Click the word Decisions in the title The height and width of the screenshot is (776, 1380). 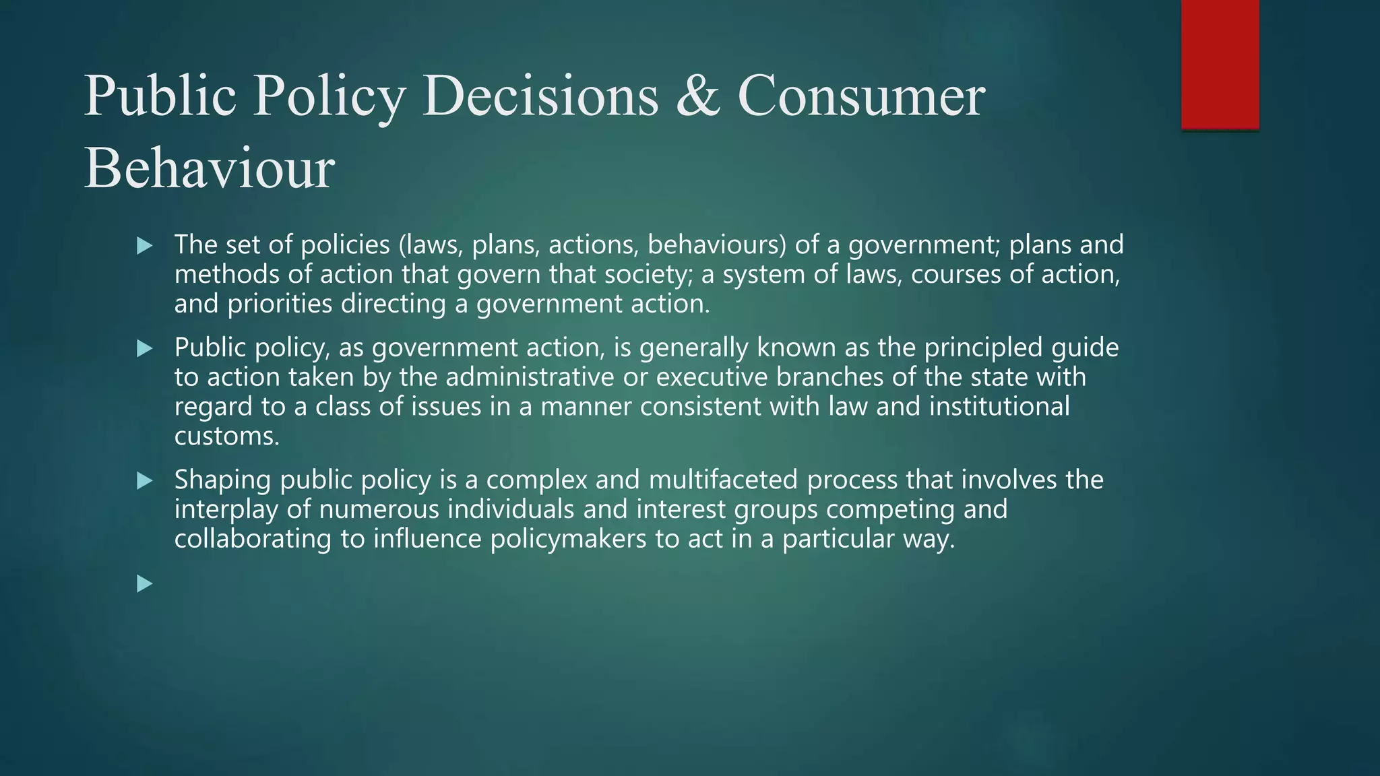pyautogui.click(x=540, y=96)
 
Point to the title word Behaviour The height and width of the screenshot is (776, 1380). pyautogui.click(x=209, y=168)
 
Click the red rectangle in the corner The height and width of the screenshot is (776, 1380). pyautogui.click(x=1220, y=64)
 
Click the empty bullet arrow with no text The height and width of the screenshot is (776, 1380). pyautogui.click(x=144, y=583)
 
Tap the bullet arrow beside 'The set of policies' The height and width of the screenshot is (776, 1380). pyautogui.click(x=144, y=246)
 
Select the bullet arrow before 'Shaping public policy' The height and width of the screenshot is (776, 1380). pyautogui.click(x=144, y=481)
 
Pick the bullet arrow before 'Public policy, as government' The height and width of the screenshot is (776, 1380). pyautogui.click(x=144, y=349)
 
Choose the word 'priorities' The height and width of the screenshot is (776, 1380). pyautogui.click(x=280, y=304)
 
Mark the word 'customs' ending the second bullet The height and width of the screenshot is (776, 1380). pyautogui.click(x=226, y=437)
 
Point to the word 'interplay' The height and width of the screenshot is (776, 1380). pyautogui.click(x=226, y=509)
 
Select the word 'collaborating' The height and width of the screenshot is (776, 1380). pyautogui.click(x=253, y=539)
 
